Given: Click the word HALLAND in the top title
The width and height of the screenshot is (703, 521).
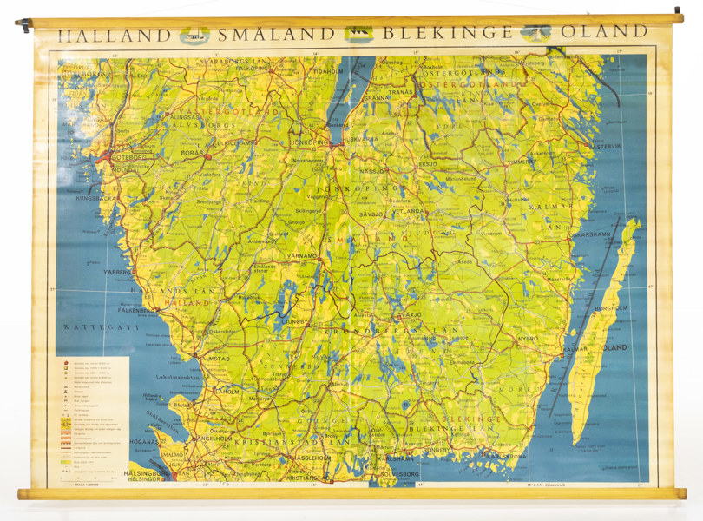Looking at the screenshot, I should point(114,35).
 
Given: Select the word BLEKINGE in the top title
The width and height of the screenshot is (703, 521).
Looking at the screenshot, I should point(446,35).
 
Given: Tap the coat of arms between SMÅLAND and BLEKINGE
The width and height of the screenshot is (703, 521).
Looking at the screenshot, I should point(358,35).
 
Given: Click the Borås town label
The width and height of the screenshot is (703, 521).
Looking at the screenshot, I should point(193,153).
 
